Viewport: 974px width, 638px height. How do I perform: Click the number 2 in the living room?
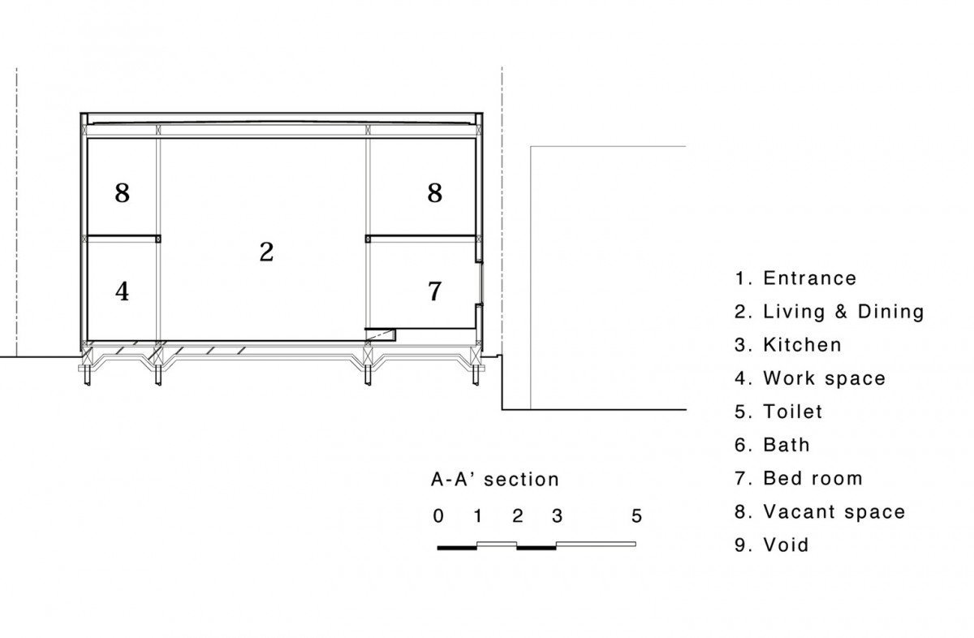266,252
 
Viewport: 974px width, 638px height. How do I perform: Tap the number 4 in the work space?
123,291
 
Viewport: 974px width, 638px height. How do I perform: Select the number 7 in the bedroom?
435,291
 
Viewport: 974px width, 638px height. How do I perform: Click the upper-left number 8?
123,192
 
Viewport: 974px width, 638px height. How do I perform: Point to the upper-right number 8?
435,192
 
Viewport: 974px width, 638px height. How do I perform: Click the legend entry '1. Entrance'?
795,278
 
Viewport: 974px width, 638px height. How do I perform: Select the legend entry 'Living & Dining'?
843,312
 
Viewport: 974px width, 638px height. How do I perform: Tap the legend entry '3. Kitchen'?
788,345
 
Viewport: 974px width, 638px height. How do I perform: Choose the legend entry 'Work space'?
825,379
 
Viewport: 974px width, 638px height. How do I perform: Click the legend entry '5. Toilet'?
778,412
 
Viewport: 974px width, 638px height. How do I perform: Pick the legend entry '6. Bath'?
772,445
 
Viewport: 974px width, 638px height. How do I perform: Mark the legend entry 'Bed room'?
813,478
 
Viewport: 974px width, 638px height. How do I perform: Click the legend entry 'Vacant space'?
834,512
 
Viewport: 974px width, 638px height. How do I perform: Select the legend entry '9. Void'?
772,545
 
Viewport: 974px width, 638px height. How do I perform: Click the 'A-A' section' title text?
495,479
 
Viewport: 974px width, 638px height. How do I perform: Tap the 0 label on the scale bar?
438,516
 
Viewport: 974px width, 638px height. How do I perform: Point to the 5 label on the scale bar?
636,516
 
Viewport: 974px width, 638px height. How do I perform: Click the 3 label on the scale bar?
557,516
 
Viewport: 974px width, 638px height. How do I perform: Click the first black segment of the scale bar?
457,549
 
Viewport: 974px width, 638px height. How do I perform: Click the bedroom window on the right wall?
481,282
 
